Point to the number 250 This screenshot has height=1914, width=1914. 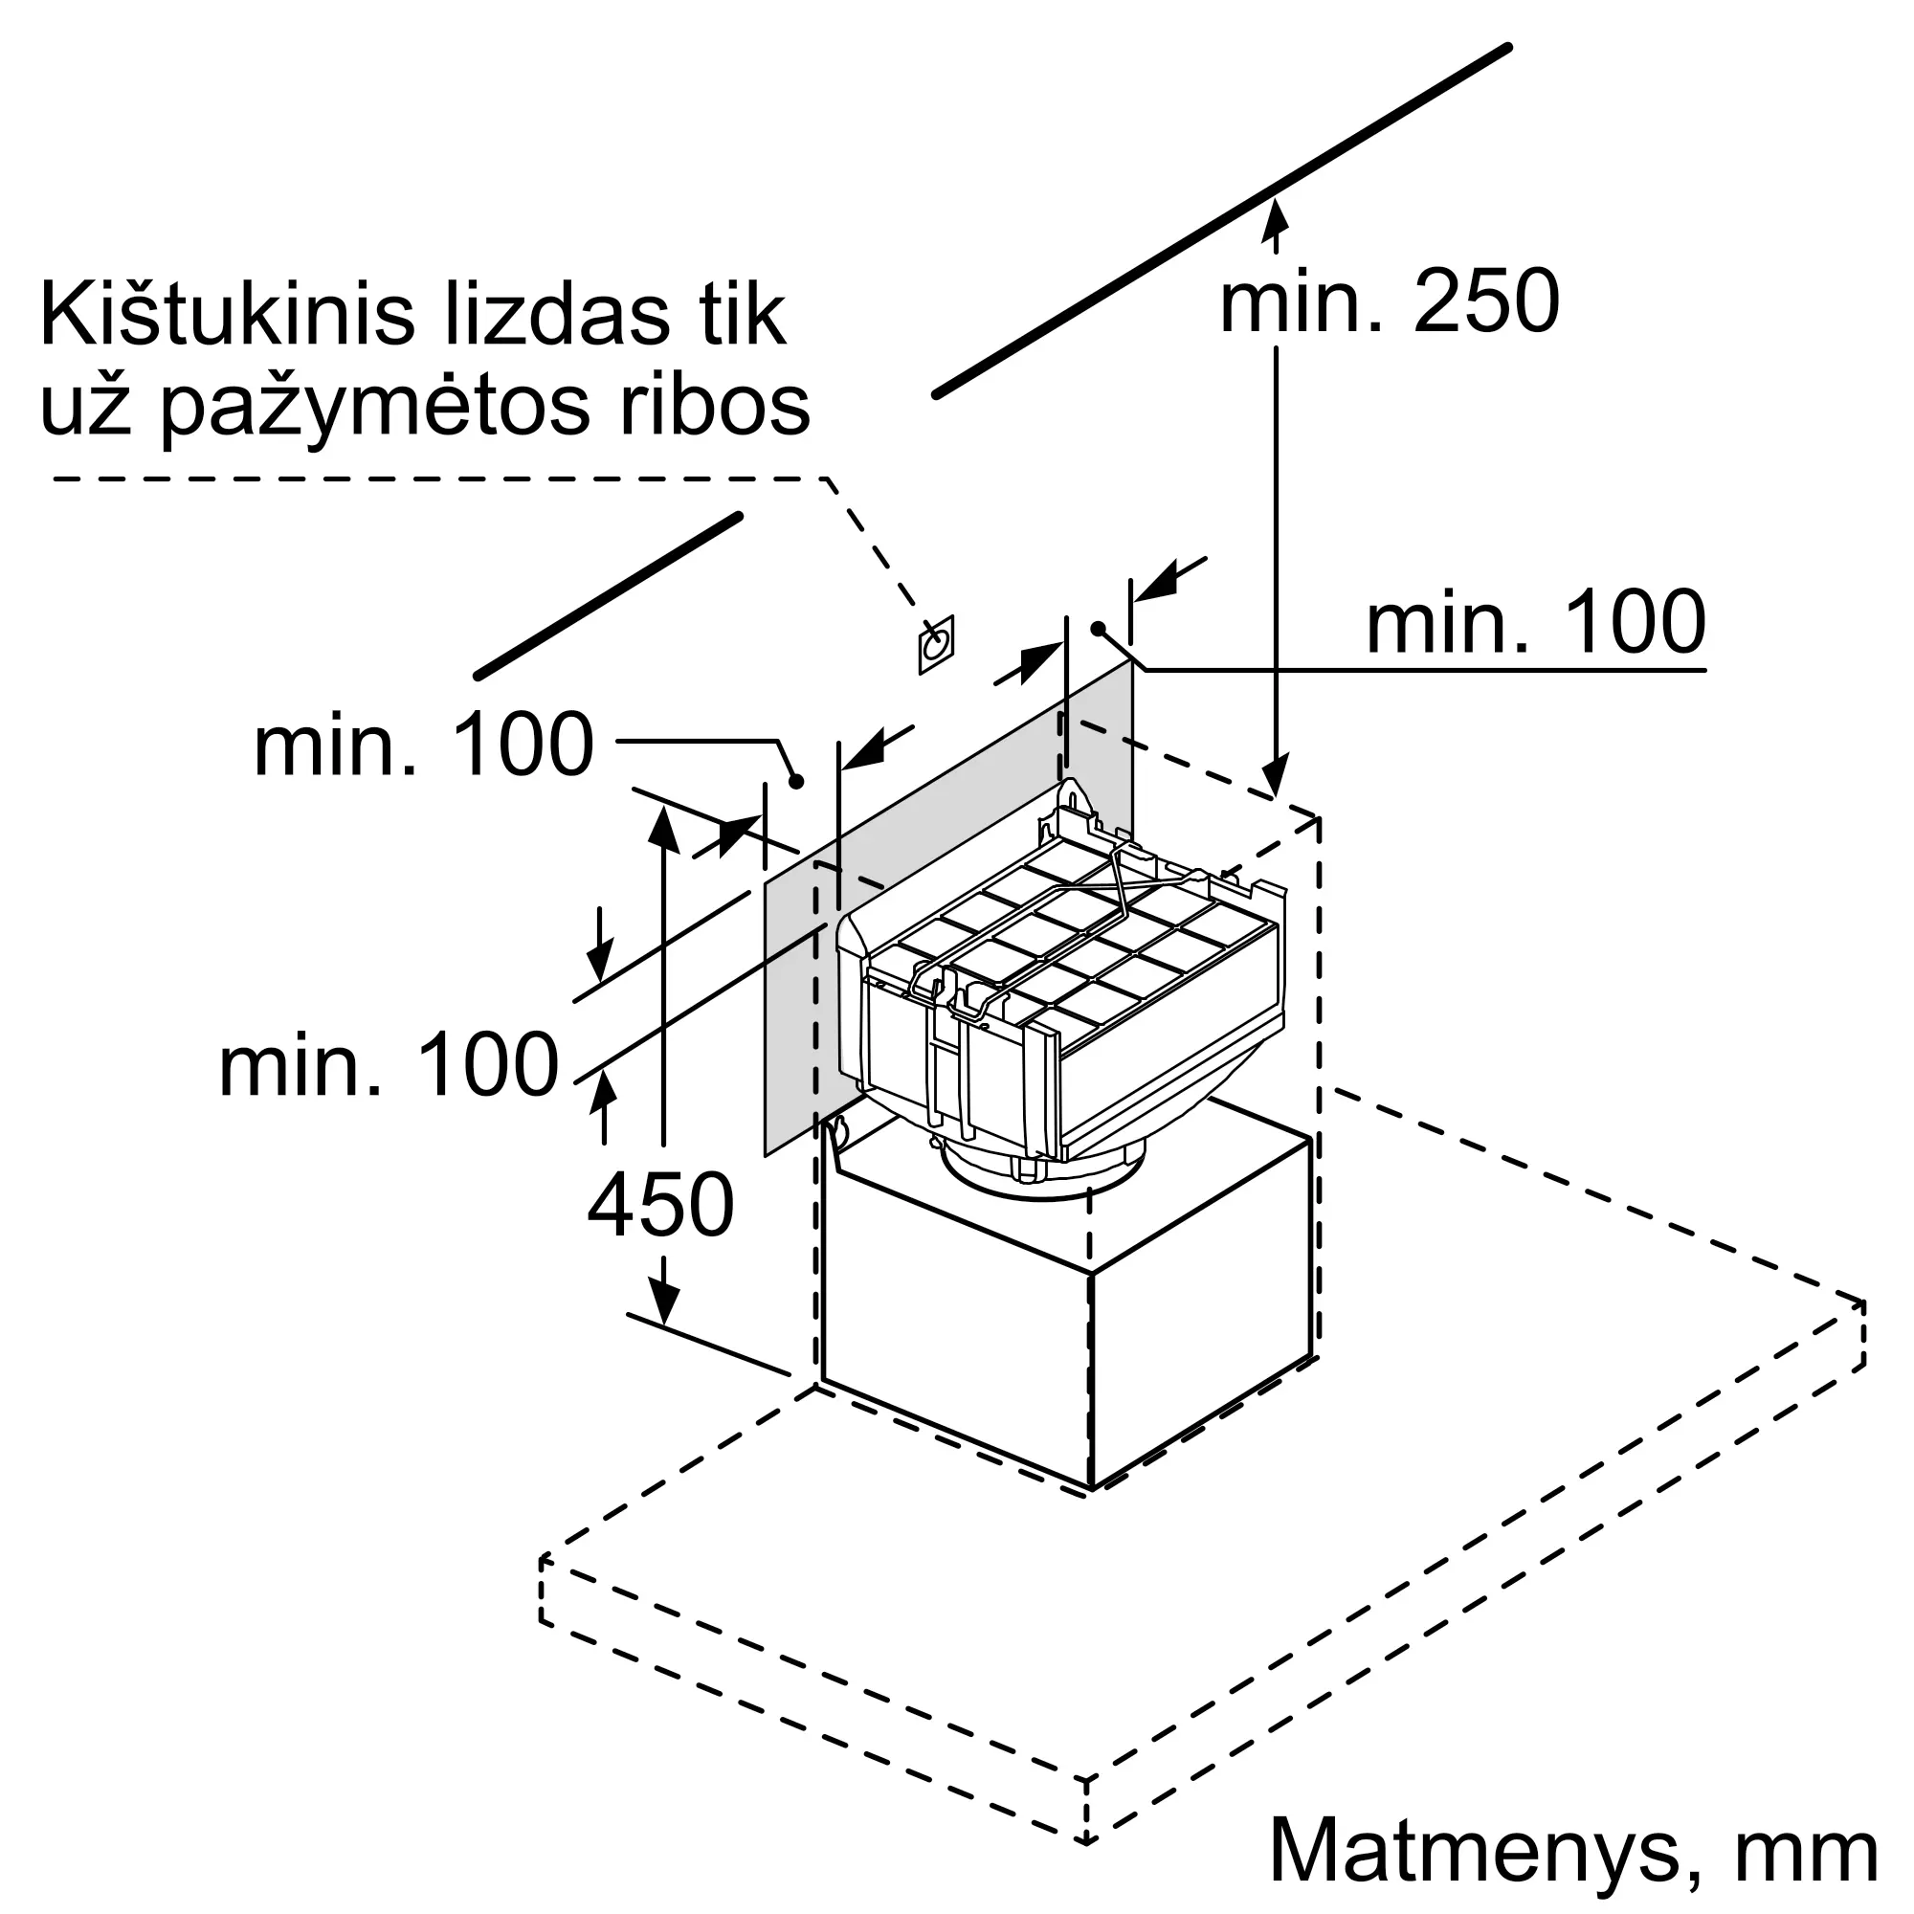[x=1486, y=301]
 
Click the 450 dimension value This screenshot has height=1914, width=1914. [x=660, y=1205]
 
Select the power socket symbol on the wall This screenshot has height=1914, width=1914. [x=935, y=645]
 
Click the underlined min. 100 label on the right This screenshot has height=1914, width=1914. [x=1536, y=622]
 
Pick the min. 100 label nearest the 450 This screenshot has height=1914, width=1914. [x=389, y=1065]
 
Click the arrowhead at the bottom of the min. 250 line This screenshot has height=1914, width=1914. [x=1276, y=776]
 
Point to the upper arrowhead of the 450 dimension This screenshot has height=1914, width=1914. [x=664, y=829]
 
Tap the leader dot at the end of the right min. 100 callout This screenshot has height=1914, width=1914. [x=1098, y=628]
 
